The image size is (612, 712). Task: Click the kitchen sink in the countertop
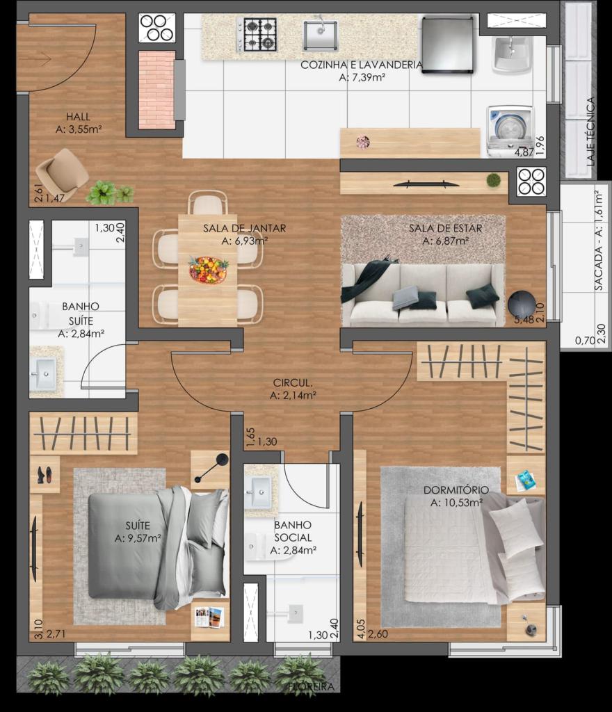pos(321,35)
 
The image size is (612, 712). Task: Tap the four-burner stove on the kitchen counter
pos(257,34)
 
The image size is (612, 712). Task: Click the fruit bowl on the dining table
pos(209,269)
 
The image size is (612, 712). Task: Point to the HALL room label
pos(78,117)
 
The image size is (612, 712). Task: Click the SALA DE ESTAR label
pos(445,228)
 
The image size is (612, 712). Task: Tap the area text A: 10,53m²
pos(456,503)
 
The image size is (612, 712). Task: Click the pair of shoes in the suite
pos(45,474)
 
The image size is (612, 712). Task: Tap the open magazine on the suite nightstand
pos(209,617)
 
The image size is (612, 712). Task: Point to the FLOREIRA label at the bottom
pos(311,686)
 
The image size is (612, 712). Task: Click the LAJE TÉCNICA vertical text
pos(590,131)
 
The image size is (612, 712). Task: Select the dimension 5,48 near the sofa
pos(524,319)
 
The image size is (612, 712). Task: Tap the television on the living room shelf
pos(426,184)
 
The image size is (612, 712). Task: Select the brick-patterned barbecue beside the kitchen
pos(156,90)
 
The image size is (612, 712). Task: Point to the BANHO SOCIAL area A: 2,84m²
pos(293,551)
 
